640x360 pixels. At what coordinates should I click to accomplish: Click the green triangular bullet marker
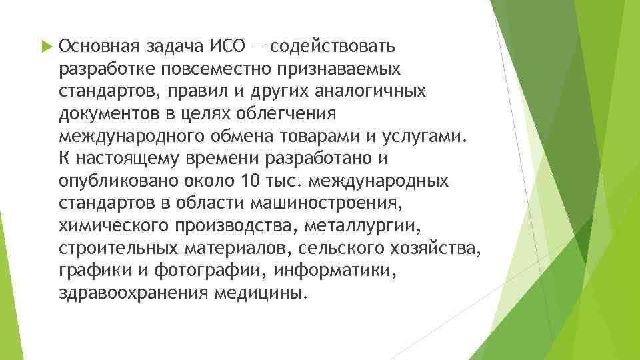[45, 47]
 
